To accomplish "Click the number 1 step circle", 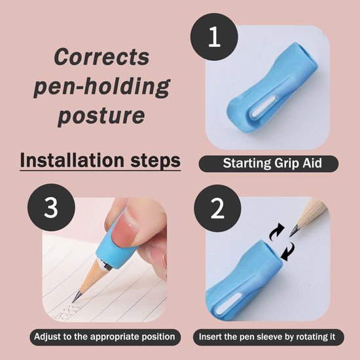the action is (214, 37).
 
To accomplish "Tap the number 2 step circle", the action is (217, 208).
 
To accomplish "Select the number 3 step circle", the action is (51, 207).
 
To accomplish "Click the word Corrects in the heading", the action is (101, 57).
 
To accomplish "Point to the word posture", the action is (101, 116).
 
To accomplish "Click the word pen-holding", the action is (101, 86).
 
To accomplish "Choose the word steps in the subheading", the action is (155, 161).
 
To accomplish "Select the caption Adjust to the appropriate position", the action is (105, 337).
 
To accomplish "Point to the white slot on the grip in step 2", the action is (228, 304).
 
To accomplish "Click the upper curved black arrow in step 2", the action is (276, 232).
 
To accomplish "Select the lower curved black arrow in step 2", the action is (288, 252).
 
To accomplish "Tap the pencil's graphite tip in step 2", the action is (294, 230).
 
